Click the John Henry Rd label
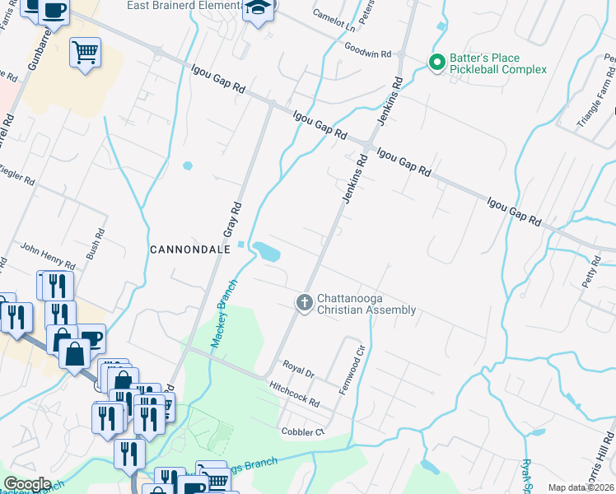[x=47, y=257]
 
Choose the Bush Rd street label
[x=96, y=245]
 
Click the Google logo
[x=26, y=484]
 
